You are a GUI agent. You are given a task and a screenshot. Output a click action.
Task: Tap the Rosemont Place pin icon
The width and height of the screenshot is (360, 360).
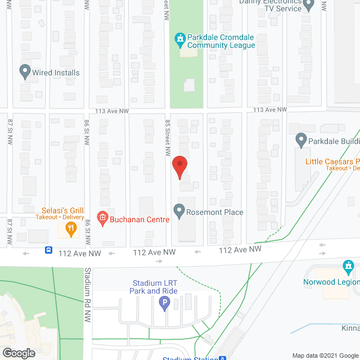pos(179,211)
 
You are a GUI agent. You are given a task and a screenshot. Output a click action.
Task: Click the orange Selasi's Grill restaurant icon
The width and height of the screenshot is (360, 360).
pos(70,228)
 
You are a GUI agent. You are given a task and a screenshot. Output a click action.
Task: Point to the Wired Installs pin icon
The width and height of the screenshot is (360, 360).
pos(25,72)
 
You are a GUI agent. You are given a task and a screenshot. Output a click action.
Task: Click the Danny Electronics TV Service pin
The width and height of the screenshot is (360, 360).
pos(308,5)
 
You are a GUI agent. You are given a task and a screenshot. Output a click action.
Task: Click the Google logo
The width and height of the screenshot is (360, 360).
pos(18,353)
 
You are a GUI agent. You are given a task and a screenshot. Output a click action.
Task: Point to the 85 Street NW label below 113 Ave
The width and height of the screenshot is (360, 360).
pos(168,138)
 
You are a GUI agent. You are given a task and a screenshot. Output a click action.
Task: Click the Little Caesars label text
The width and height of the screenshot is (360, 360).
pos(332,161)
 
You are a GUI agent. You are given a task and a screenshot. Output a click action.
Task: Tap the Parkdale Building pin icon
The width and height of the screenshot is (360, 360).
pos(300,140)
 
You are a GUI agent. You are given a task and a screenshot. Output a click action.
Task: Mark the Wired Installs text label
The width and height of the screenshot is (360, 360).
pos(56,73)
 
